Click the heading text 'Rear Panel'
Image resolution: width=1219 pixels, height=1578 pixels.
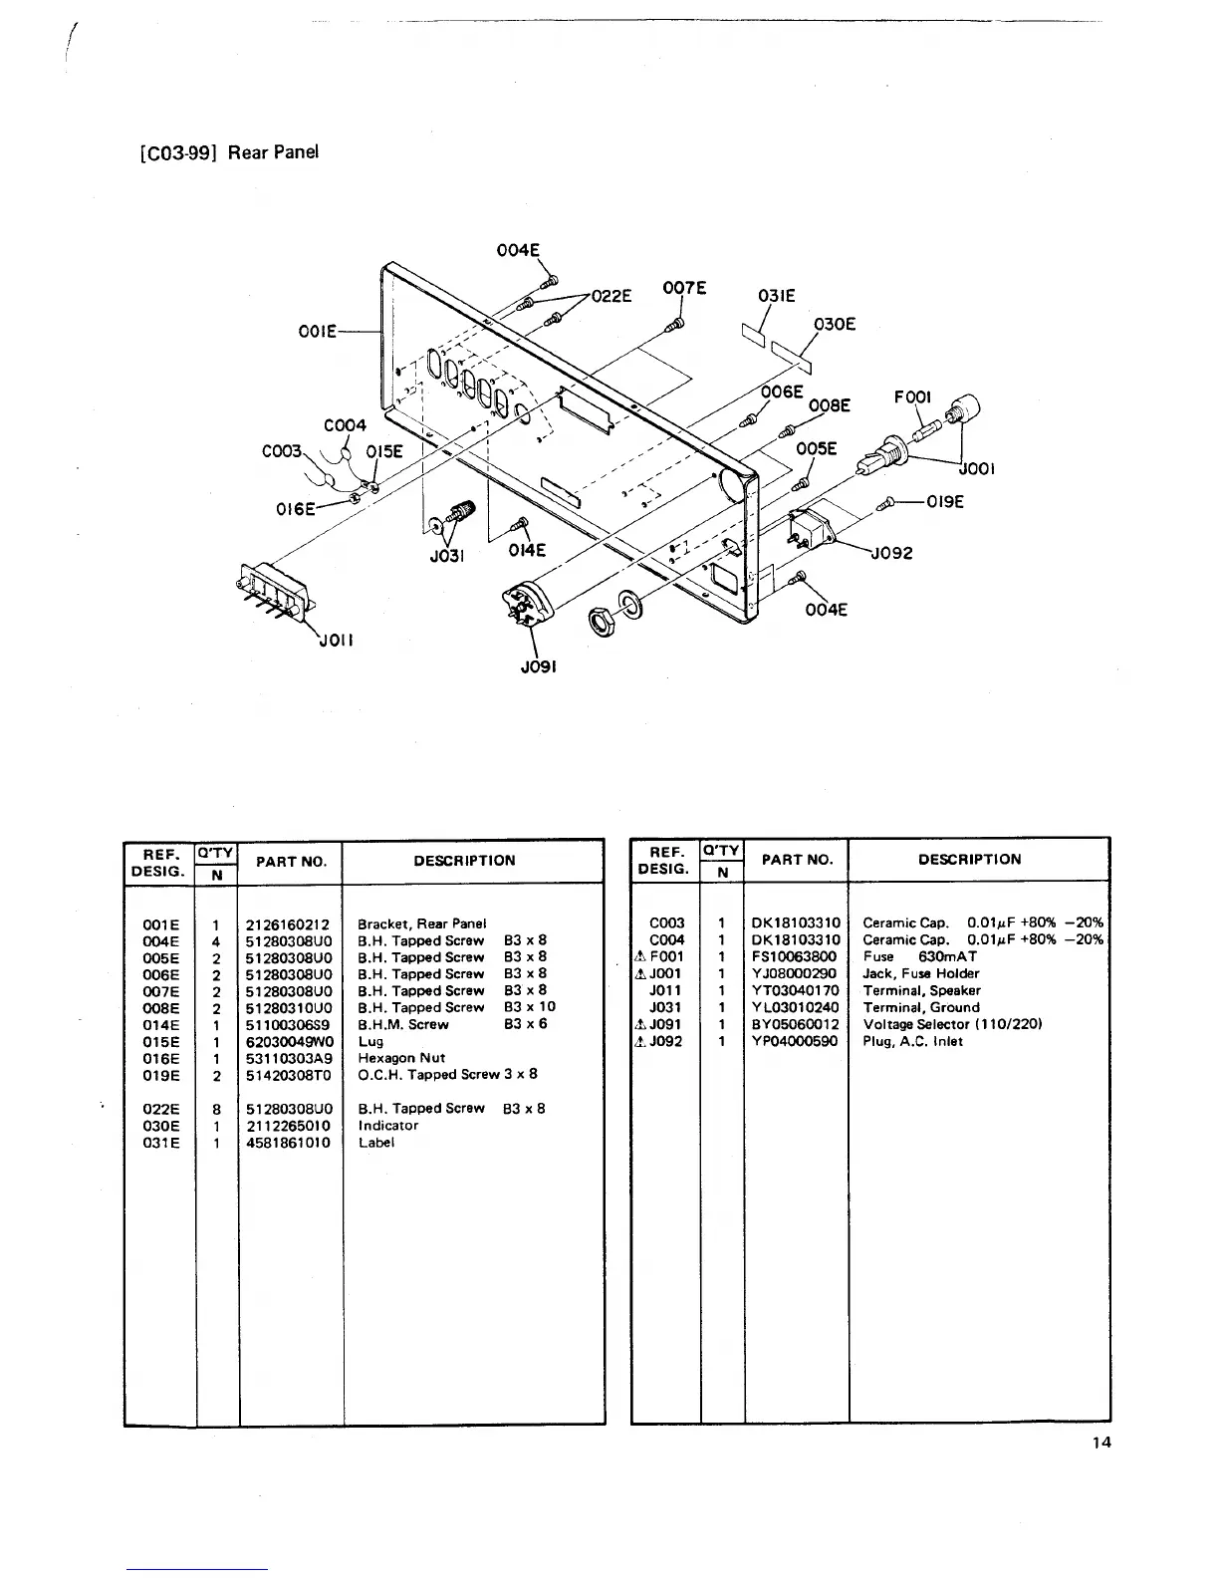point(273,152)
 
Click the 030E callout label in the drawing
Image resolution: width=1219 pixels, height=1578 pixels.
point(835,324)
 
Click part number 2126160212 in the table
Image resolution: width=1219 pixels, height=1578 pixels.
point(288,924)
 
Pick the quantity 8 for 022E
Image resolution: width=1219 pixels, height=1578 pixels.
point(216,1109)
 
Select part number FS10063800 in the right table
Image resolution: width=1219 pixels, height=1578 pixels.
point(795,956)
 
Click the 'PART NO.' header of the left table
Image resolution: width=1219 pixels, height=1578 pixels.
point(291,862)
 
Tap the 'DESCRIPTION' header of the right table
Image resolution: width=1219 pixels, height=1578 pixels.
point(969,860)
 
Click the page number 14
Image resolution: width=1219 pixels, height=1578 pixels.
point(1100,1443)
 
